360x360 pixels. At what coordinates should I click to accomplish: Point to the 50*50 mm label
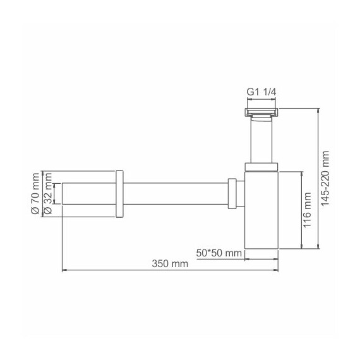(219, 253)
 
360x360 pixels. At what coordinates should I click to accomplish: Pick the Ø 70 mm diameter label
(35, 193)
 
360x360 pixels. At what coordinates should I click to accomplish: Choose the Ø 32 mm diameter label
(48, 200)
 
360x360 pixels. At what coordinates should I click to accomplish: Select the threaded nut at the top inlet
(261, 114)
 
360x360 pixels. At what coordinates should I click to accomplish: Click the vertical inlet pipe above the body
(261, 142)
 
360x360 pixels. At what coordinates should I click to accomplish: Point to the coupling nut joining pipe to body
(234, 193)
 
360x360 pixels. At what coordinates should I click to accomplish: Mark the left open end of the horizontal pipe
(63, 193)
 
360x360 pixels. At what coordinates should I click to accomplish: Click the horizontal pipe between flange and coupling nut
(177, 193)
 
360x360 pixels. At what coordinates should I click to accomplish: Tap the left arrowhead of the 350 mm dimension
(64, 272)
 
